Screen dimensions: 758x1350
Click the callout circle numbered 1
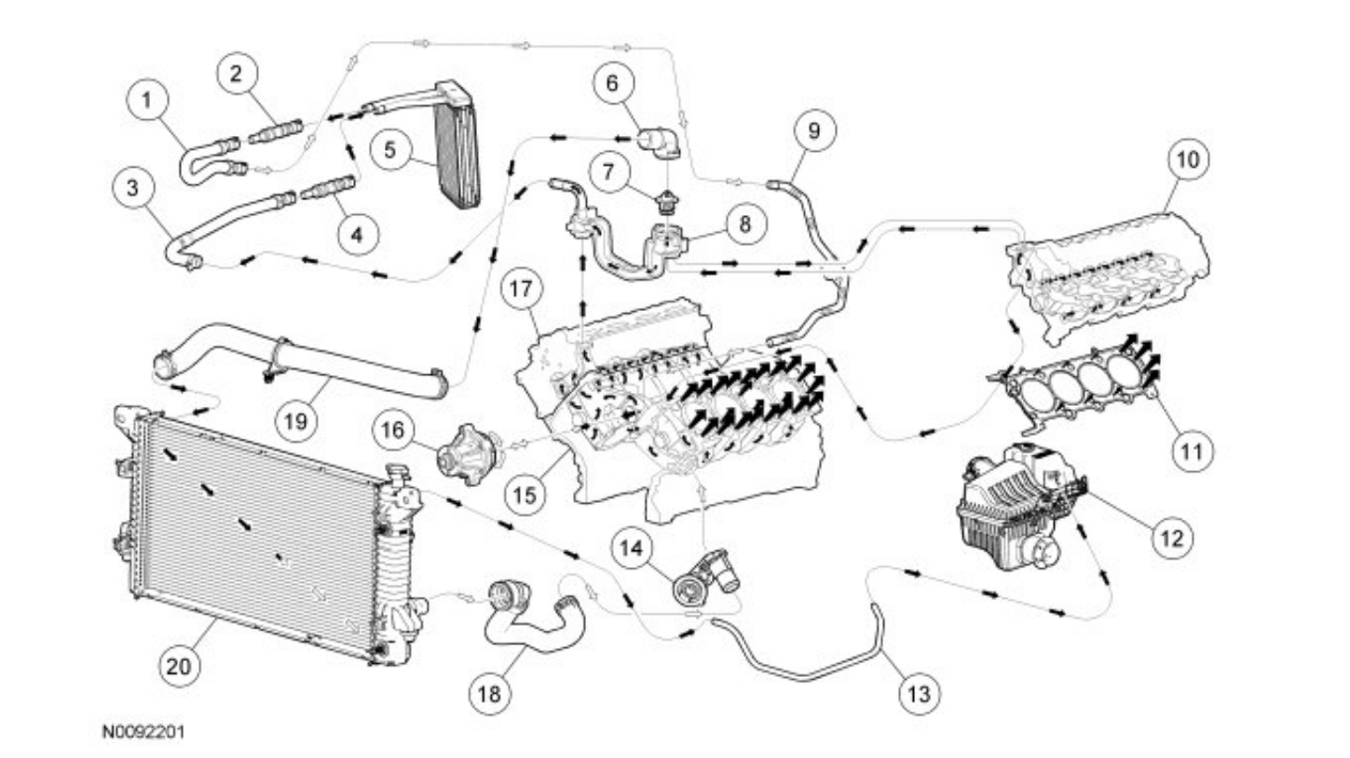click(x=146, y=101)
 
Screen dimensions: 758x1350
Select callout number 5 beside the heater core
click(x=389, y=149)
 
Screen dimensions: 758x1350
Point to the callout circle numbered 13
click(x=919, y=694)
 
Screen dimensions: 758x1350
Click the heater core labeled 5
click(x=457, y=144)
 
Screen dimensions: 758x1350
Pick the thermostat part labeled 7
click(x=665, y=199)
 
